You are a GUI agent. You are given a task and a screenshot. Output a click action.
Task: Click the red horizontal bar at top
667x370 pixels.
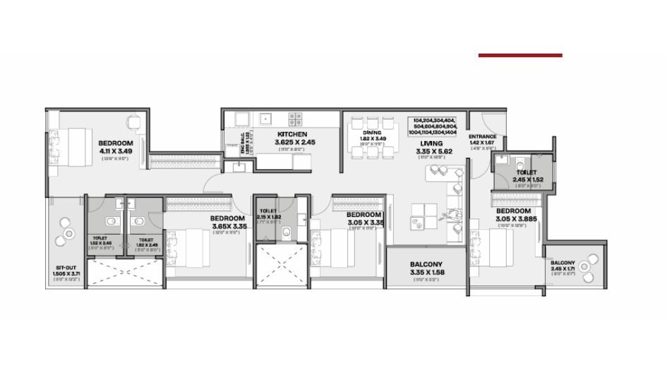click(520, 55)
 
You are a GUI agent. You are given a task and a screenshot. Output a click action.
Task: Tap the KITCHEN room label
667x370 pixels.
click(292, 134)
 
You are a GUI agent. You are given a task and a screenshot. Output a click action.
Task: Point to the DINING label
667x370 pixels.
click(372, 132)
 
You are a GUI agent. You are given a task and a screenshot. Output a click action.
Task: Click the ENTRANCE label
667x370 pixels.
click(483, 137)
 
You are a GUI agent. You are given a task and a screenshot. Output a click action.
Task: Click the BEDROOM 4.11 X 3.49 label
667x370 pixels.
click(116, 143)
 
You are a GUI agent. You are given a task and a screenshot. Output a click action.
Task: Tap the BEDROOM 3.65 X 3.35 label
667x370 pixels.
click(227, 218)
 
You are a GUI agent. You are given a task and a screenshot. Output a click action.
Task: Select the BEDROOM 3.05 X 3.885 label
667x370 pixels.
click(513, 211)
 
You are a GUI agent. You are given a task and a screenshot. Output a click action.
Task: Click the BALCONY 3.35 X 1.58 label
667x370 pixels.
click(426, 266)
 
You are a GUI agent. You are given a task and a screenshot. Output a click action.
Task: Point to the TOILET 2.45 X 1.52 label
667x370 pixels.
click(526, 172)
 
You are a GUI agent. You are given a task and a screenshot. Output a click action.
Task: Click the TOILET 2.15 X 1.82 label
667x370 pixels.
click(268, 211)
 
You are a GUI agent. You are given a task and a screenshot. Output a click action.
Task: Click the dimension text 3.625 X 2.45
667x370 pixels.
click(292, 142)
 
